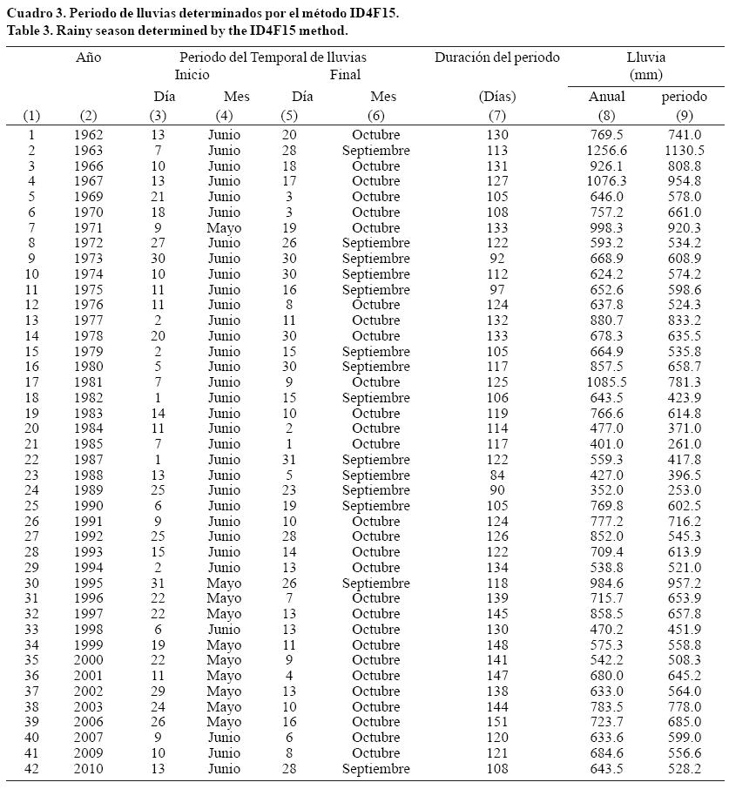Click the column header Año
point(89,57)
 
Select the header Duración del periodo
point(497,57)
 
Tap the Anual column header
point(606,97)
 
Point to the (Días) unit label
point(497,97)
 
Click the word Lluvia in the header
point(646,57)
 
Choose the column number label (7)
point(497,116)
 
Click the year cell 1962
point(89,135)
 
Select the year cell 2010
point(89,769)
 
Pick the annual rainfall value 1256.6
point(606,151)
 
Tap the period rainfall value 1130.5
point(684,151)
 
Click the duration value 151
point(497,722)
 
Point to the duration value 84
point(497,475)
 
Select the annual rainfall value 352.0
point(606,490)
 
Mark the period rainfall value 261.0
point(684,444)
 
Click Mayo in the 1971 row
point(224,228)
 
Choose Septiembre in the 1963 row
point(376,151)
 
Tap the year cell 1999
point(89,645)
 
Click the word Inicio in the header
point(192,75)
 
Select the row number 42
point(31,769)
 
